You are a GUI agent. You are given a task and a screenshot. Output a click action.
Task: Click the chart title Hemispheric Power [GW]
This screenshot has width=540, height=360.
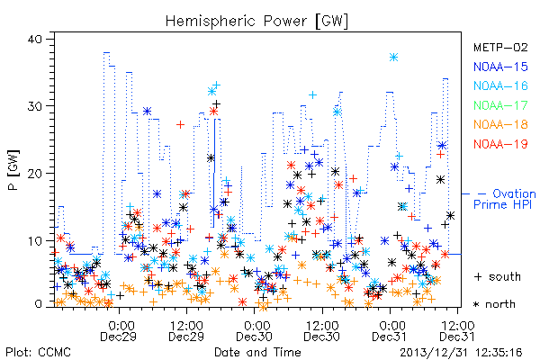256,22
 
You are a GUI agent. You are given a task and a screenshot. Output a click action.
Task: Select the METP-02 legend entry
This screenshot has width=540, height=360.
500,47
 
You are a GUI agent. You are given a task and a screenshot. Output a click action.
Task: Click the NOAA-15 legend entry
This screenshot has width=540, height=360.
500,67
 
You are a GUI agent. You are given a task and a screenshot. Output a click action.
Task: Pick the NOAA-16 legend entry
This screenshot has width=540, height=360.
500,85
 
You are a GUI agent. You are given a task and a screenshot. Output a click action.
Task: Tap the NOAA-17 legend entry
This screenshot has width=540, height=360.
500,105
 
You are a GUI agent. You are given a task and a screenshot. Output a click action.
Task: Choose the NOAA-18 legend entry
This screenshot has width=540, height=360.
500,124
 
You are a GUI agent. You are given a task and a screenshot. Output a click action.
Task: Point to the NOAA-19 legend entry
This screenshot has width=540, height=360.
500,144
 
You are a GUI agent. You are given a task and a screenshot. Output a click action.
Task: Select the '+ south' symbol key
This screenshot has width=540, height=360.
498,276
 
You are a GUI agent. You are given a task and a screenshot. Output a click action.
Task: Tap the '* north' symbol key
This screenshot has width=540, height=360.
494,304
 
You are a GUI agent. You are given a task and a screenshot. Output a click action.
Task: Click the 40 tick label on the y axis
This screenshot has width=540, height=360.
34,39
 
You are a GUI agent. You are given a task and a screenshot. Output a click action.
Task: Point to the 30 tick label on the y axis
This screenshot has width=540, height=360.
34,106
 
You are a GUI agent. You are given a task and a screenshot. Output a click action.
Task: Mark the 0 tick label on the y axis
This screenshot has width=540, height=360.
38,304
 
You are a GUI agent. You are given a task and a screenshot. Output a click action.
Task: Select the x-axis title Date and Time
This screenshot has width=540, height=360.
257,353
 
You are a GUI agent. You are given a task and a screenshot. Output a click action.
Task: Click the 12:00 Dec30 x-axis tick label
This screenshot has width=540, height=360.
321,331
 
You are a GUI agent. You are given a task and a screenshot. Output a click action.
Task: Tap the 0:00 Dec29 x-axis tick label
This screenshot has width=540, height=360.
118,331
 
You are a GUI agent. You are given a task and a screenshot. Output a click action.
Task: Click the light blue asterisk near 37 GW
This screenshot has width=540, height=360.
393,58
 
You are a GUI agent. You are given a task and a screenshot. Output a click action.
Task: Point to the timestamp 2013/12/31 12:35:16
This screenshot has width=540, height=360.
461,353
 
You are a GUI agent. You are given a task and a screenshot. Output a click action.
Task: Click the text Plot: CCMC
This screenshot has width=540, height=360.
38,353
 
